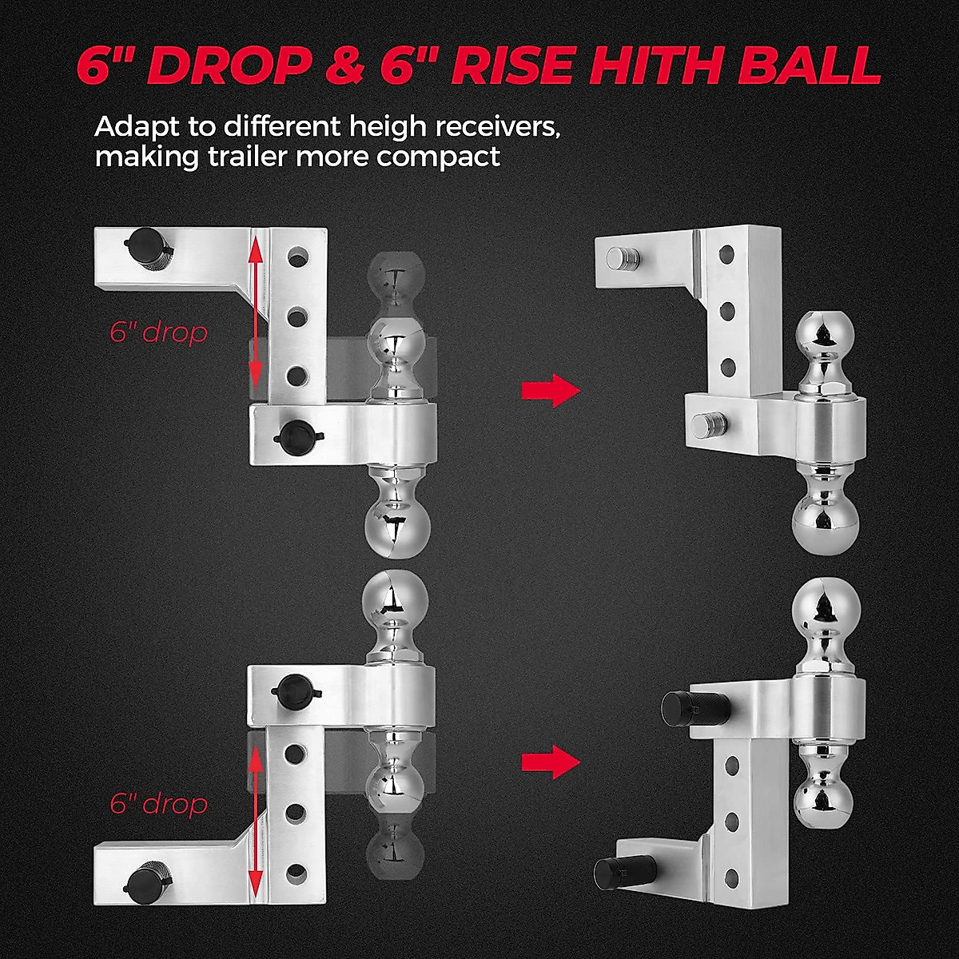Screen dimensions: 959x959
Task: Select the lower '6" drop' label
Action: [158, 802]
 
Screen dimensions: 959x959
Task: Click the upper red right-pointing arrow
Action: [550, 391]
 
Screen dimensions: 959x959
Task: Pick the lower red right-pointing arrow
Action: [550, 762]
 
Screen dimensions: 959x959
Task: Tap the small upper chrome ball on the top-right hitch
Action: [821, 332]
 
